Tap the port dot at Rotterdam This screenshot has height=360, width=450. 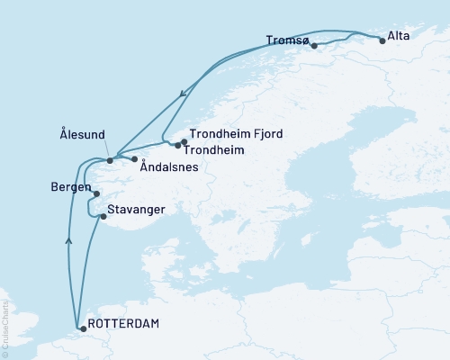tap(83, 329)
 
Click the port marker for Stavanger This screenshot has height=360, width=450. tap(103, 216)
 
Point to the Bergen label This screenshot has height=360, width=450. tap(71, 188)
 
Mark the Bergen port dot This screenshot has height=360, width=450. tap(96, 193)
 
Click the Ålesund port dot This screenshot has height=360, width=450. tap(110, 160)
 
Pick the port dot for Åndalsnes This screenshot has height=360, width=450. tap(134, 159)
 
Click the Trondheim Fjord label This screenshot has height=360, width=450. tap(237, 134)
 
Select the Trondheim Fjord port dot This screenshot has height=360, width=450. tap(184, 140)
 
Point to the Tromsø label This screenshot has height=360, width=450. tap(289, 40)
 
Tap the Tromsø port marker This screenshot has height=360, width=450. tap(313, 44)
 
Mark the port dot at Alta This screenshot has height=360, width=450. tap(382, 40)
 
